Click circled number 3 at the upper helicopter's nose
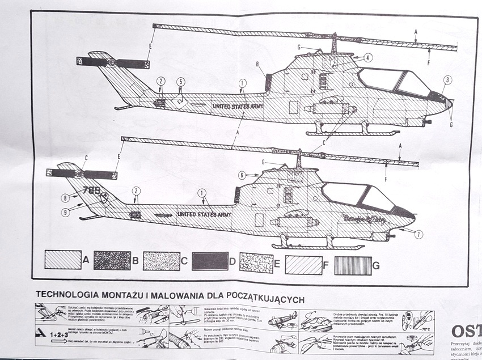pos(448,80)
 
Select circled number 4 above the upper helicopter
pos(368,57)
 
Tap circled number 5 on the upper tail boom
pos(180,82)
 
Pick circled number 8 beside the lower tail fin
pos(66,198)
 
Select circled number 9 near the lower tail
pos(66,213)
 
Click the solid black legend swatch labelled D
pos(210,261)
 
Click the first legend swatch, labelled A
pos(63,260)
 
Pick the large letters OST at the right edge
pos(465,332)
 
